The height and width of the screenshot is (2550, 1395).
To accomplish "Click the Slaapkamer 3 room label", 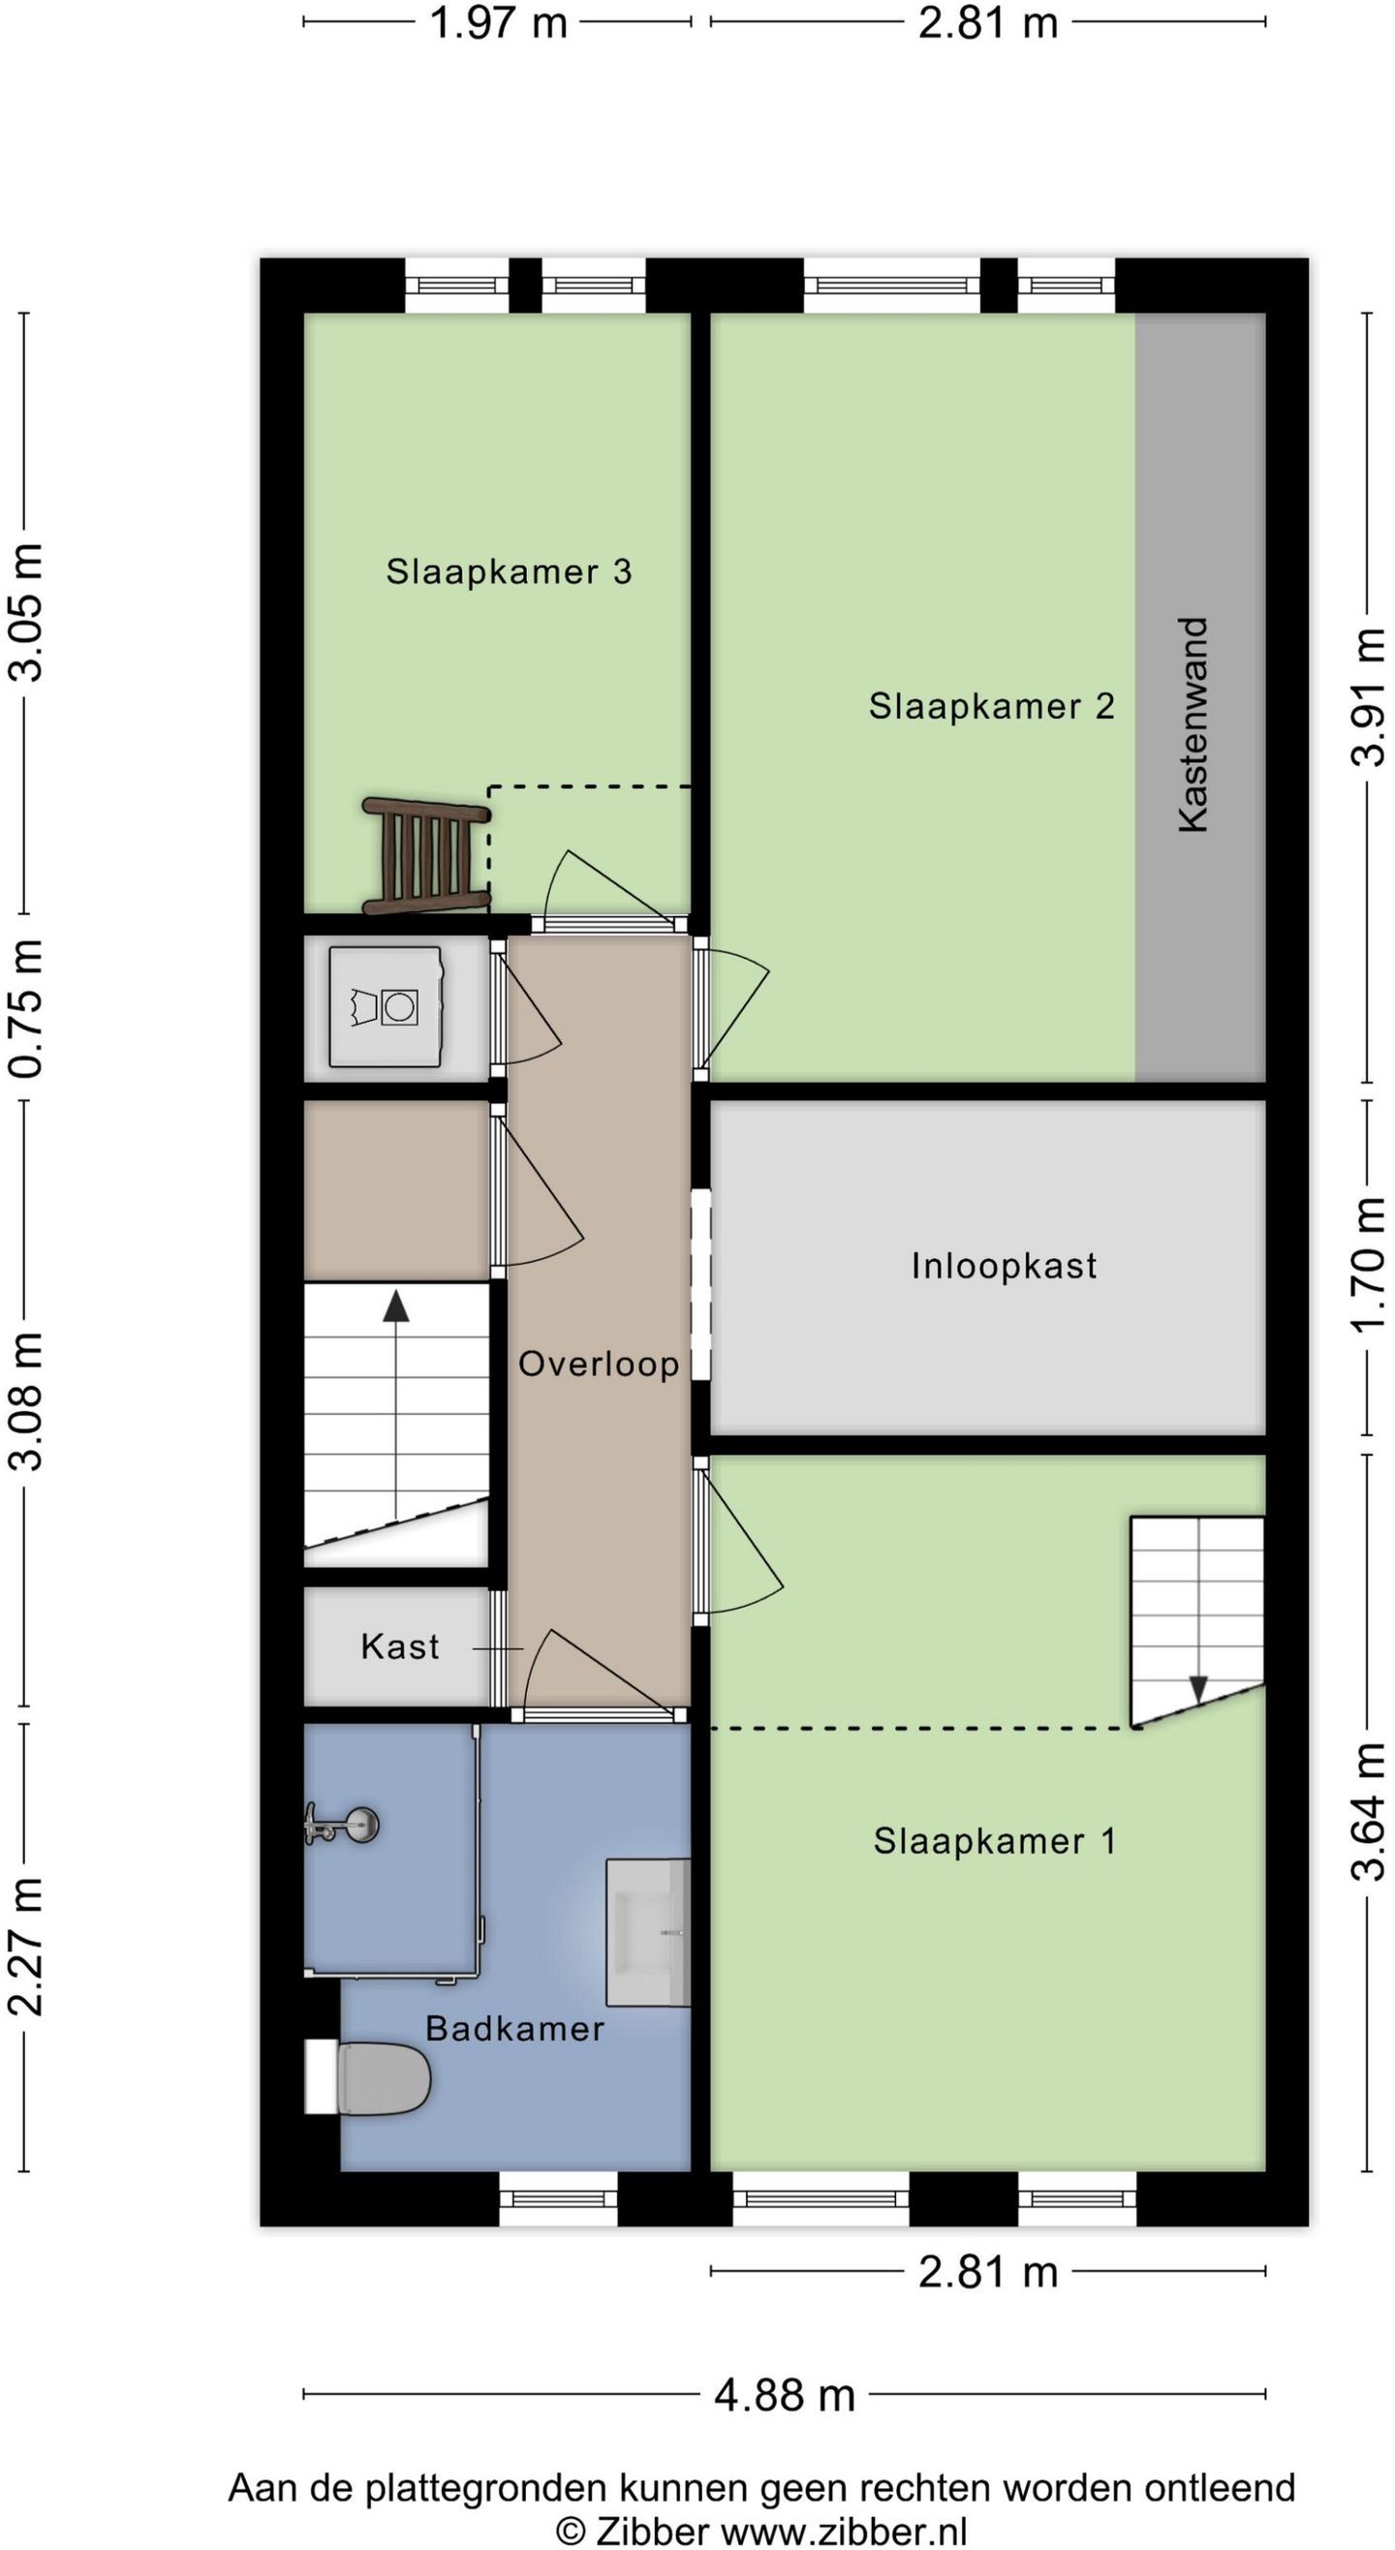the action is point(509,571).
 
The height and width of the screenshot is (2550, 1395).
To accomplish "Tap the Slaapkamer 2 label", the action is point(992,706).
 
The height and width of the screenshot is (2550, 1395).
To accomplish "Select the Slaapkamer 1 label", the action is point(995,1841).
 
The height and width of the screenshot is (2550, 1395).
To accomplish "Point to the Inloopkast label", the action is point(1004,1265).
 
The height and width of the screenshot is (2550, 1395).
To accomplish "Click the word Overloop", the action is point(599,1363).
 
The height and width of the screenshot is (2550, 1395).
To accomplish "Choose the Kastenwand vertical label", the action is point(1194,724).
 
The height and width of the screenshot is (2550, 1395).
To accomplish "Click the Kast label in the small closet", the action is point(400,1646).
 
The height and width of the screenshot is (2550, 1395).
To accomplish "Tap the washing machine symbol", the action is point(386,1007).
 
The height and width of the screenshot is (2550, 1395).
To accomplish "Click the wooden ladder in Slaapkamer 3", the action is point(425,854).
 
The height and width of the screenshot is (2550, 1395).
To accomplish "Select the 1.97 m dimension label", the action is point(498,23).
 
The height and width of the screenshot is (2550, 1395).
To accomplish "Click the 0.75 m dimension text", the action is point(27,1007).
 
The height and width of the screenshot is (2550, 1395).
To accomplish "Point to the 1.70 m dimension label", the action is point(1368,1266).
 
